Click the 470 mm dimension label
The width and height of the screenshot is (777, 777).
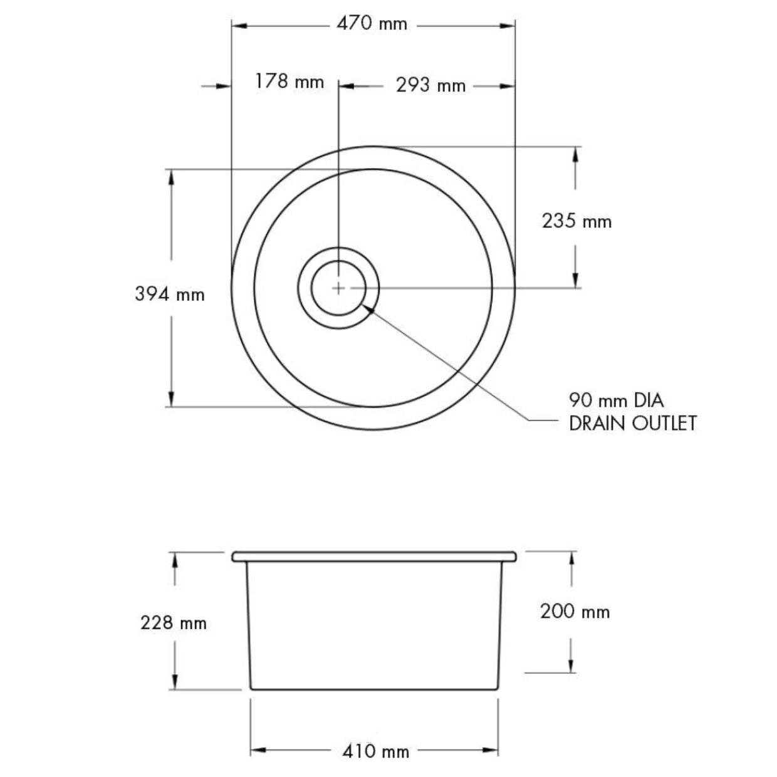(372, 24)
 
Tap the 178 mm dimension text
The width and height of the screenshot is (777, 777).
(289, 81)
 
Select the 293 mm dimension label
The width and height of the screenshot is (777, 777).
(430, 85)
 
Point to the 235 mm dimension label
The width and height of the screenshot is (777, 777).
(576, 221)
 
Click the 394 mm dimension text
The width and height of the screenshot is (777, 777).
(170, 294)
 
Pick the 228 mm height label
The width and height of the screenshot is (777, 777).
(174, 623)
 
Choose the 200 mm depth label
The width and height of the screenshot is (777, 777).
(575, 612)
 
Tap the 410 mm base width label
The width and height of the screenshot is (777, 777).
(376, 751)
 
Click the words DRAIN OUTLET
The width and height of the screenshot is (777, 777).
(633, 424)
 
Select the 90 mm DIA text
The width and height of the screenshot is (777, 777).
(616, 400)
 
